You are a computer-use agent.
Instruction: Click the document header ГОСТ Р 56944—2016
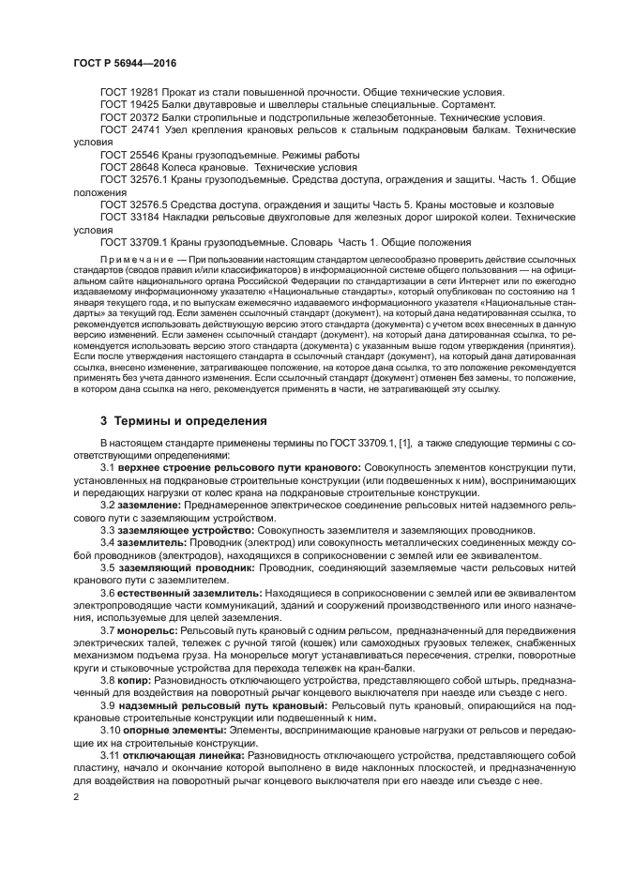(125, 62)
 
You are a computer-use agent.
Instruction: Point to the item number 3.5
(108, 567)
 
